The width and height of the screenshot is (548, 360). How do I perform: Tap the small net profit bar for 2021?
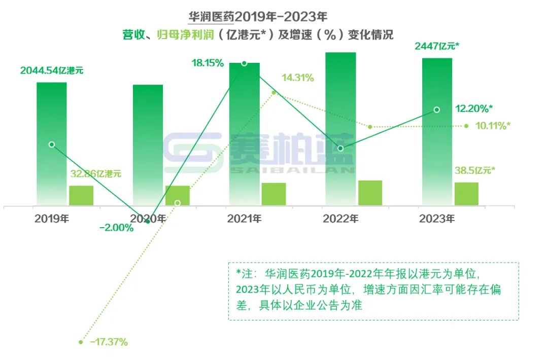tap(273, 194)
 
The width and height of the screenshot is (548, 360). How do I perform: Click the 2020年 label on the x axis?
tap(148, 219)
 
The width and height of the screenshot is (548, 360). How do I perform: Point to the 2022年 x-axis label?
tap(340, 219)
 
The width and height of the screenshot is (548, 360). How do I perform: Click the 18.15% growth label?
tap(208, 63)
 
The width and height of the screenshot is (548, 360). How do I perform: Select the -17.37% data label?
tap(109, 342)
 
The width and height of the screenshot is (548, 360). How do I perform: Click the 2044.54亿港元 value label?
tap(52, 70)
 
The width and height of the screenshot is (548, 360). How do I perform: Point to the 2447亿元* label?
tap(437, 47)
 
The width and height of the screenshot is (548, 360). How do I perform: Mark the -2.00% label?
tap(117, 228)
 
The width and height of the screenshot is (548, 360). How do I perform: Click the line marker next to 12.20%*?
tap(437, 110)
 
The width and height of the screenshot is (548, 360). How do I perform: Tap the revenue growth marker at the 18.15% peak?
tap(244, 63)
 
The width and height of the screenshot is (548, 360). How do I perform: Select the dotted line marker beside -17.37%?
tap(81, 342)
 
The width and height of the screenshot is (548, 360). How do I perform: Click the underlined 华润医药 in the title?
tap(211, 17)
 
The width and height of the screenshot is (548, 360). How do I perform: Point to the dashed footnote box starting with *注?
tap(373, 291)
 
